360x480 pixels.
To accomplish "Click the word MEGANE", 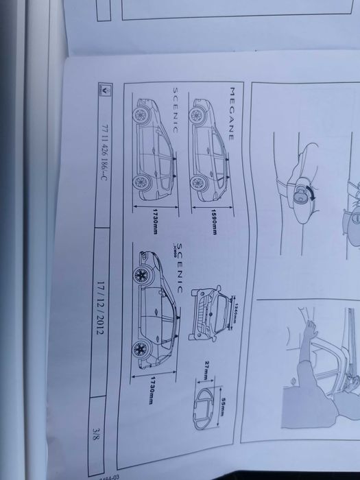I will pyautogui.click(x=232, y=114).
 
